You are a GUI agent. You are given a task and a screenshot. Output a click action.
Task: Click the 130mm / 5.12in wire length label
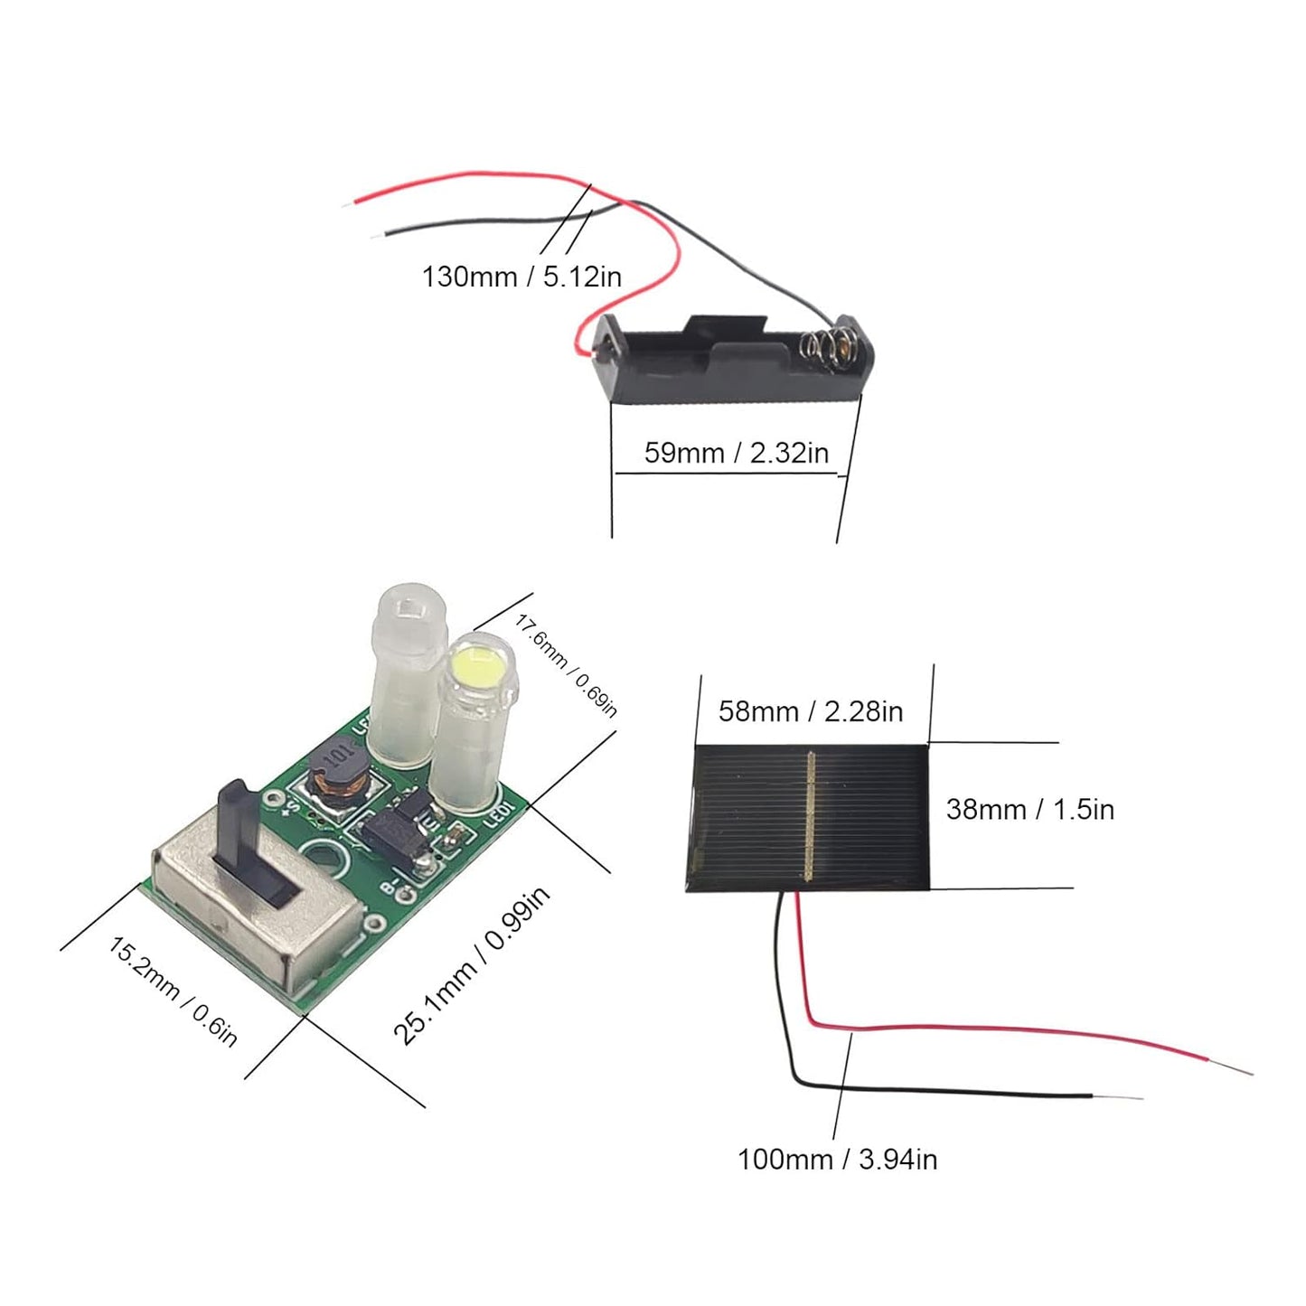click(521, 277)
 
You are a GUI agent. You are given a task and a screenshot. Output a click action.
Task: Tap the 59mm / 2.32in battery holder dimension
click(736, 453)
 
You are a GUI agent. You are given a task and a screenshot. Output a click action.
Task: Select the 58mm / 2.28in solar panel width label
click(810, 711)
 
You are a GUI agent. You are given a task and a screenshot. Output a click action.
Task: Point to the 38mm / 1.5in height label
click(1029, 809)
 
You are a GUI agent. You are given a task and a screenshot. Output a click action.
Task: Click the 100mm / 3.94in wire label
click(837, 1159)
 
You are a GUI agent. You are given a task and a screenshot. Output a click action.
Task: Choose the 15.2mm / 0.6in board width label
click(173, 991)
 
